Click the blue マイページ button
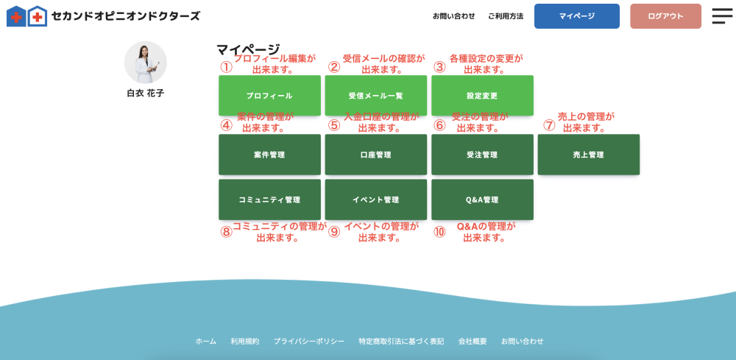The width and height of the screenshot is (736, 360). click(576, 16)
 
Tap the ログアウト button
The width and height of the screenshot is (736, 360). click(665, 16)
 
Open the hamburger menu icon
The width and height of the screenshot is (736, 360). click(722, 16)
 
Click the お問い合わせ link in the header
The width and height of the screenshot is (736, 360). click(453, 16)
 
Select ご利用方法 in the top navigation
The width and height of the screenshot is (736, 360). click(506, 16)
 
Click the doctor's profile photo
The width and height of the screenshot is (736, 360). click(145, 63)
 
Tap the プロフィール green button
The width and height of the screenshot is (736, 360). click(269, 95)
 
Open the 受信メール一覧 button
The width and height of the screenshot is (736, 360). click(376, 95)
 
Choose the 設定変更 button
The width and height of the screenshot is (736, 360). click(482, 95)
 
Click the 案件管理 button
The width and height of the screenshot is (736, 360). click(269, 155)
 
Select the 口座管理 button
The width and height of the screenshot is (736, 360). click(376, 155)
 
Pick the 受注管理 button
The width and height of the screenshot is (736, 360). click(482, 155)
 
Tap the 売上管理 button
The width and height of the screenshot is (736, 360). click(589, 155)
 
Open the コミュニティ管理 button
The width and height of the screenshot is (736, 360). click(269, 200)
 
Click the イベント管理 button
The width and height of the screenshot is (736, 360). click(376, 200)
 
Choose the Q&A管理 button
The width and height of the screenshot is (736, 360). click(482, 200)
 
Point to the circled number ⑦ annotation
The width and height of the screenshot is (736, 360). click(549, 125)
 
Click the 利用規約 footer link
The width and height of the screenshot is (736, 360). click(244, 341)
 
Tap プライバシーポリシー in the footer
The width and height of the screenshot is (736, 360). click(309, 341)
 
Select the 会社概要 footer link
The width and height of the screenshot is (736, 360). click(473, 341)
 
